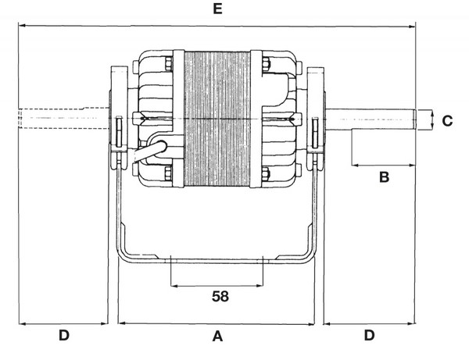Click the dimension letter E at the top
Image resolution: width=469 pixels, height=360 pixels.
[x=218, y=9]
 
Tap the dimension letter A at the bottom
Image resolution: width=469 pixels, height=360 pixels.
[x=217, y=336]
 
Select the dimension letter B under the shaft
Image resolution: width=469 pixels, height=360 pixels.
[x=384, y=176]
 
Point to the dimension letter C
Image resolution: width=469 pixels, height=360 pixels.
[x=447, y=121]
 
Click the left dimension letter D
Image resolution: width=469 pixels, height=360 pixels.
[x=64, y=335]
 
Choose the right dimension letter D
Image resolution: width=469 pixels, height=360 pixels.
[x=369, y=335]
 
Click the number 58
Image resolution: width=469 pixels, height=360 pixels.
[x=220, y=297]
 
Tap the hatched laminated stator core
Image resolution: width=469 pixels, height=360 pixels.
[x=217, y=119]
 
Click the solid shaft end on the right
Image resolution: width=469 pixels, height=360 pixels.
[x=371, y=119]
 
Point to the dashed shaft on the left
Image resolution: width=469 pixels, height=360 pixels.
[x=63, y=118]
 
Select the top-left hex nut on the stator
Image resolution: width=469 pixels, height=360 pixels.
[x=169, y=63]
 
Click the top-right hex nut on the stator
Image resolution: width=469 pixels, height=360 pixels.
[x=266, y=63]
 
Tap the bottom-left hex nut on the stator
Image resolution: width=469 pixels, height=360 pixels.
[x=169, y=173]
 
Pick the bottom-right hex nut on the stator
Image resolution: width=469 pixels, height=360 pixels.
[x=266, y=173]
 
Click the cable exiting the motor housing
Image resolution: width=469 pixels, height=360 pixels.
[x=149, y=151]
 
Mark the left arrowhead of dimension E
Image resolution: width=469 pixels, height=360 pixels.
[x=22, y=26]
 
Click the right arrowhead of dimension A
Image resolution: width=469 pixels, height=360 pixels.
[x=312, y=323]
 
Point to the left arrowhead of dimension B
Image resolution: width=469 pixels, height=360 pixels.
[x=355, y=165]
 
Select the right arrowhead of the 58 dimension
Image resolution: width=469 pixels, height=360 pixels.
[x=260, y=286]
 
